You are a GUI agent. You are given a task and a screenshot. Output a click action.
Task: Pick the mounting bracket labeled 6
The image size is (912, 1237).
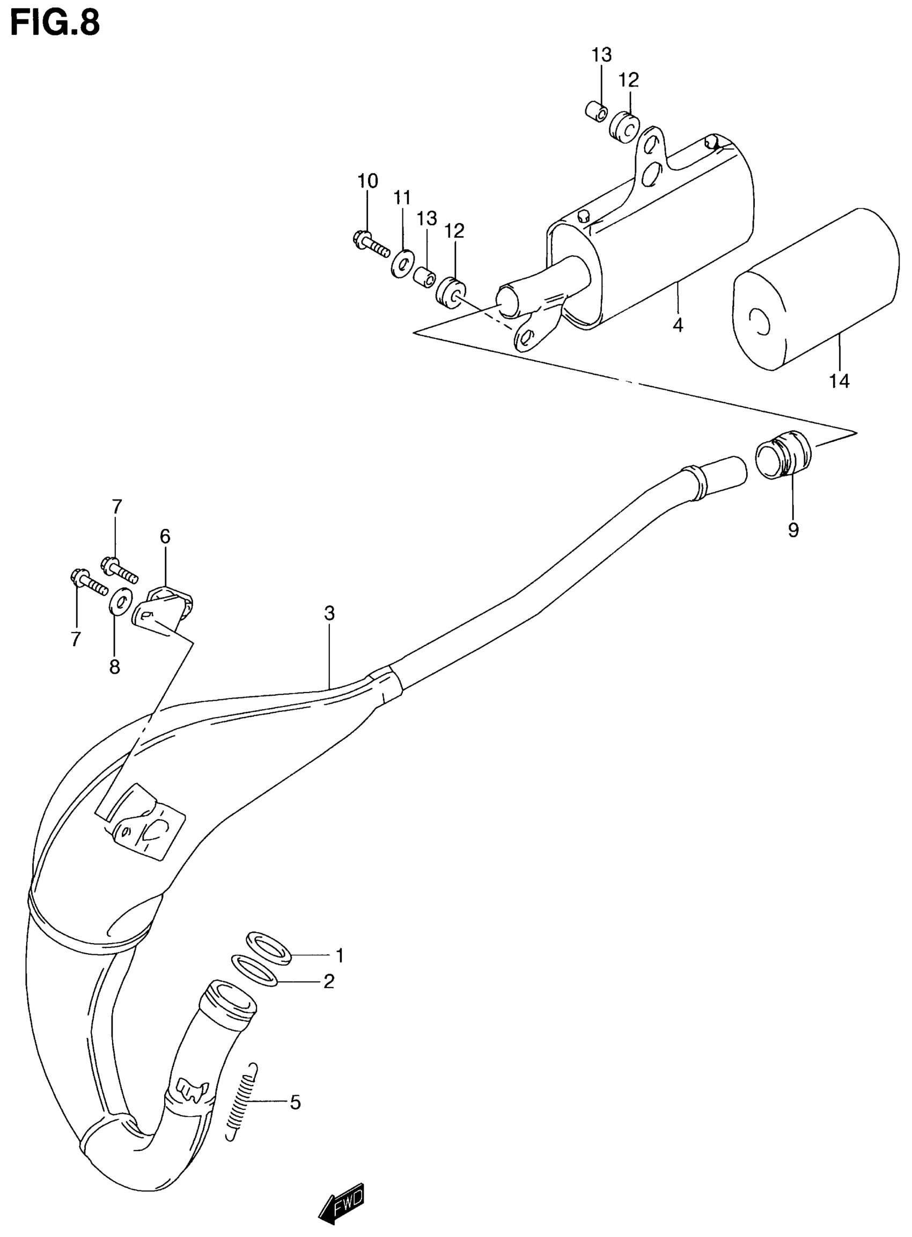(x=164, y=608)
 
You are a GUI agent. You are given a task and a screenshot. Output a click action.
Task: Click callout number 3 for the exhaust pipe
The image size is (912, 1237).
(x=329, y=613)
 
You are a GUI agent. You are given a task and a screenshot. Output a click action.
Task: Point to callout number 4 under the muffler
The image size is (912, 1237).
(x=678, y=325)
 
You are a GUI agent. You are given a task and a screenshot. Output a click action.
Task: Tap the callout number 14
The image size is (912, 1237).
(x=839, y=381)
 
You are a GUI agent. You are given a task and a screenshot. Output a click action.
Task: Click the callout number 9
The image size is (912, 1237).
(x=793, y=531)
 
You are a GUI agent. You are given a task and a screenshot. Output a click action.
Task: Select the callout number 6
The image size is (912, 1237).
(x=165, y=536)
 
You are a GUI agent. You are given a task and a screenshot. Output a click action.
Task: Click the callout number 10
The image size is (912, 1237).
(x=367, y=181)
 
